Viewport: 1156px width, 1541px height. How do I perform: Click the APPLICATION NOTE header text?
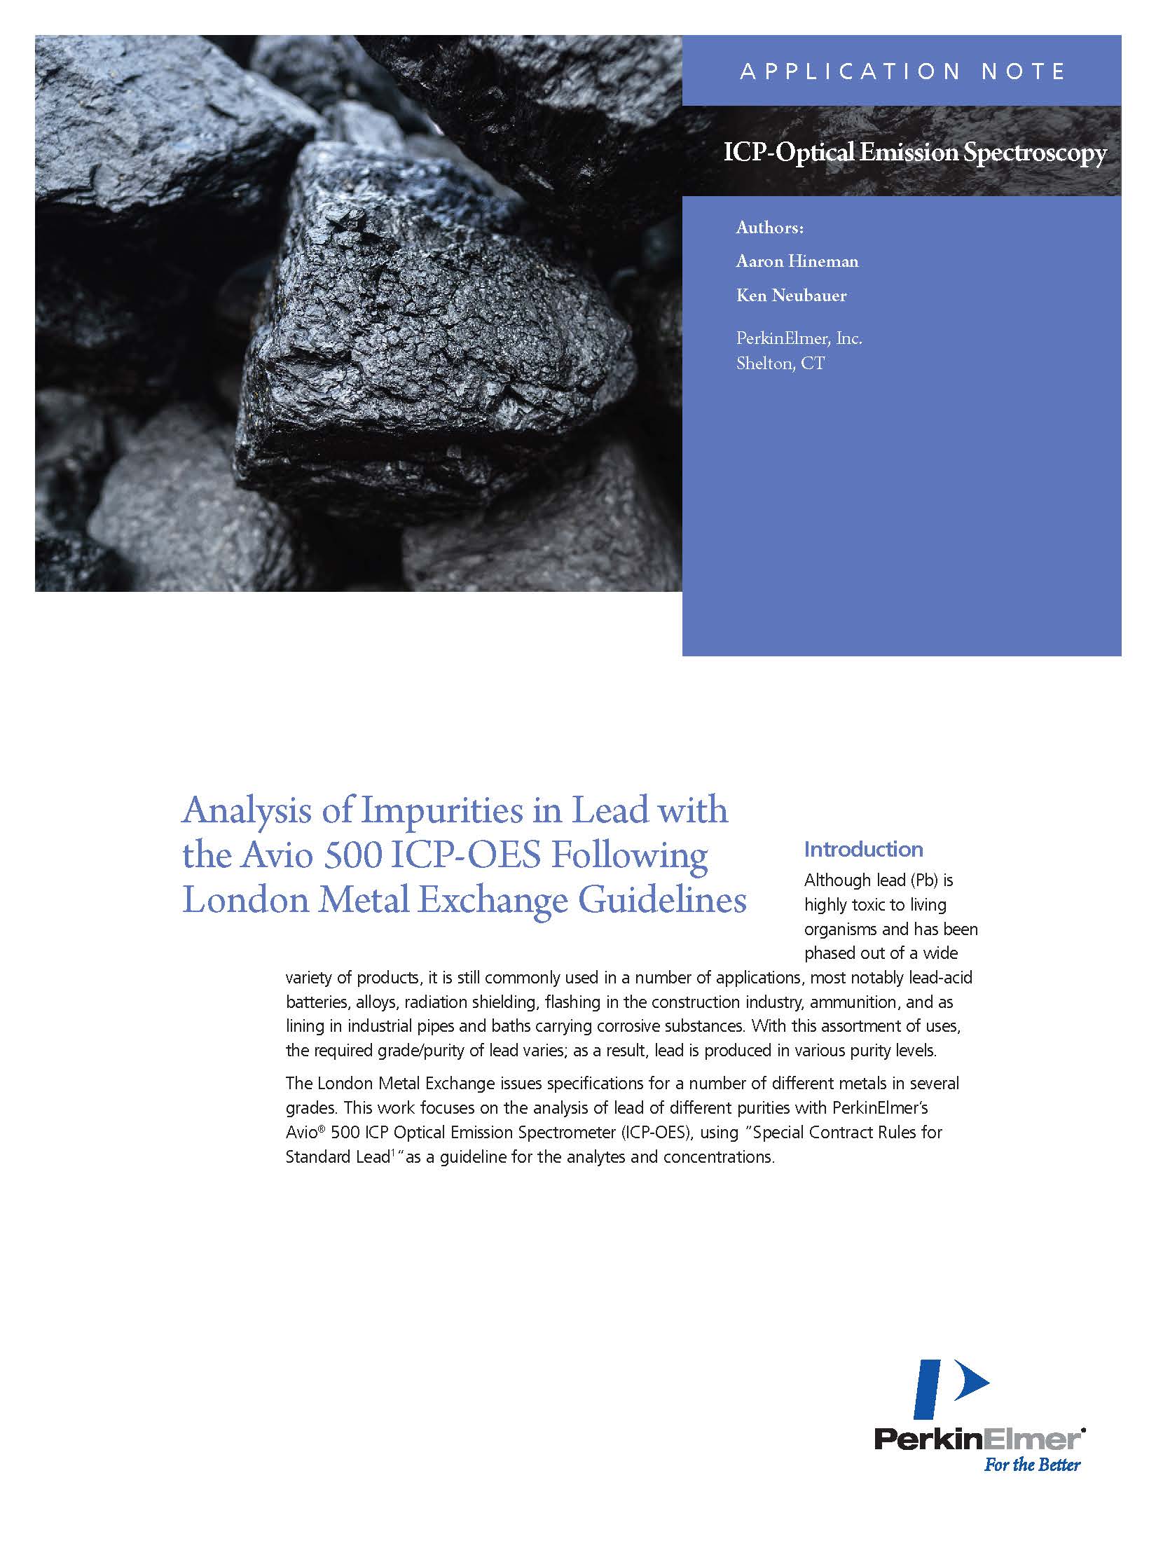point(902,71)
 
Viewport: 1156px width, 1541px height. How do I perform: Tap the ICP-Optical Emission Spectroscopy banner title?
point(915,153)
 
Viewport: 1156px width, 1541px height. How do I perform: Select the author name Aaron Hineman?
point(797,261)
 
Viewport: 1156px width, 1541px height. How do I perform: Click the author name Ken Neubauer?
point(791,296)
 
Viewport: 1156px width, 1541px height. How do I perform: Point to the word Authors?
point(769,228)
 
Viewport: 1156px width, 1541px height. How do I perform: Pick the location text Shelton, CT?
point(780,364)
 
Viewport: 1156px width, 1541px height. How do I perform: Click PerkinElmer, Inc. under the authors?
point(799,339)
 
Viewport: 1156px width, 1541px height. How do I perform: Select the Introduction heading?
point(863,850)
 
